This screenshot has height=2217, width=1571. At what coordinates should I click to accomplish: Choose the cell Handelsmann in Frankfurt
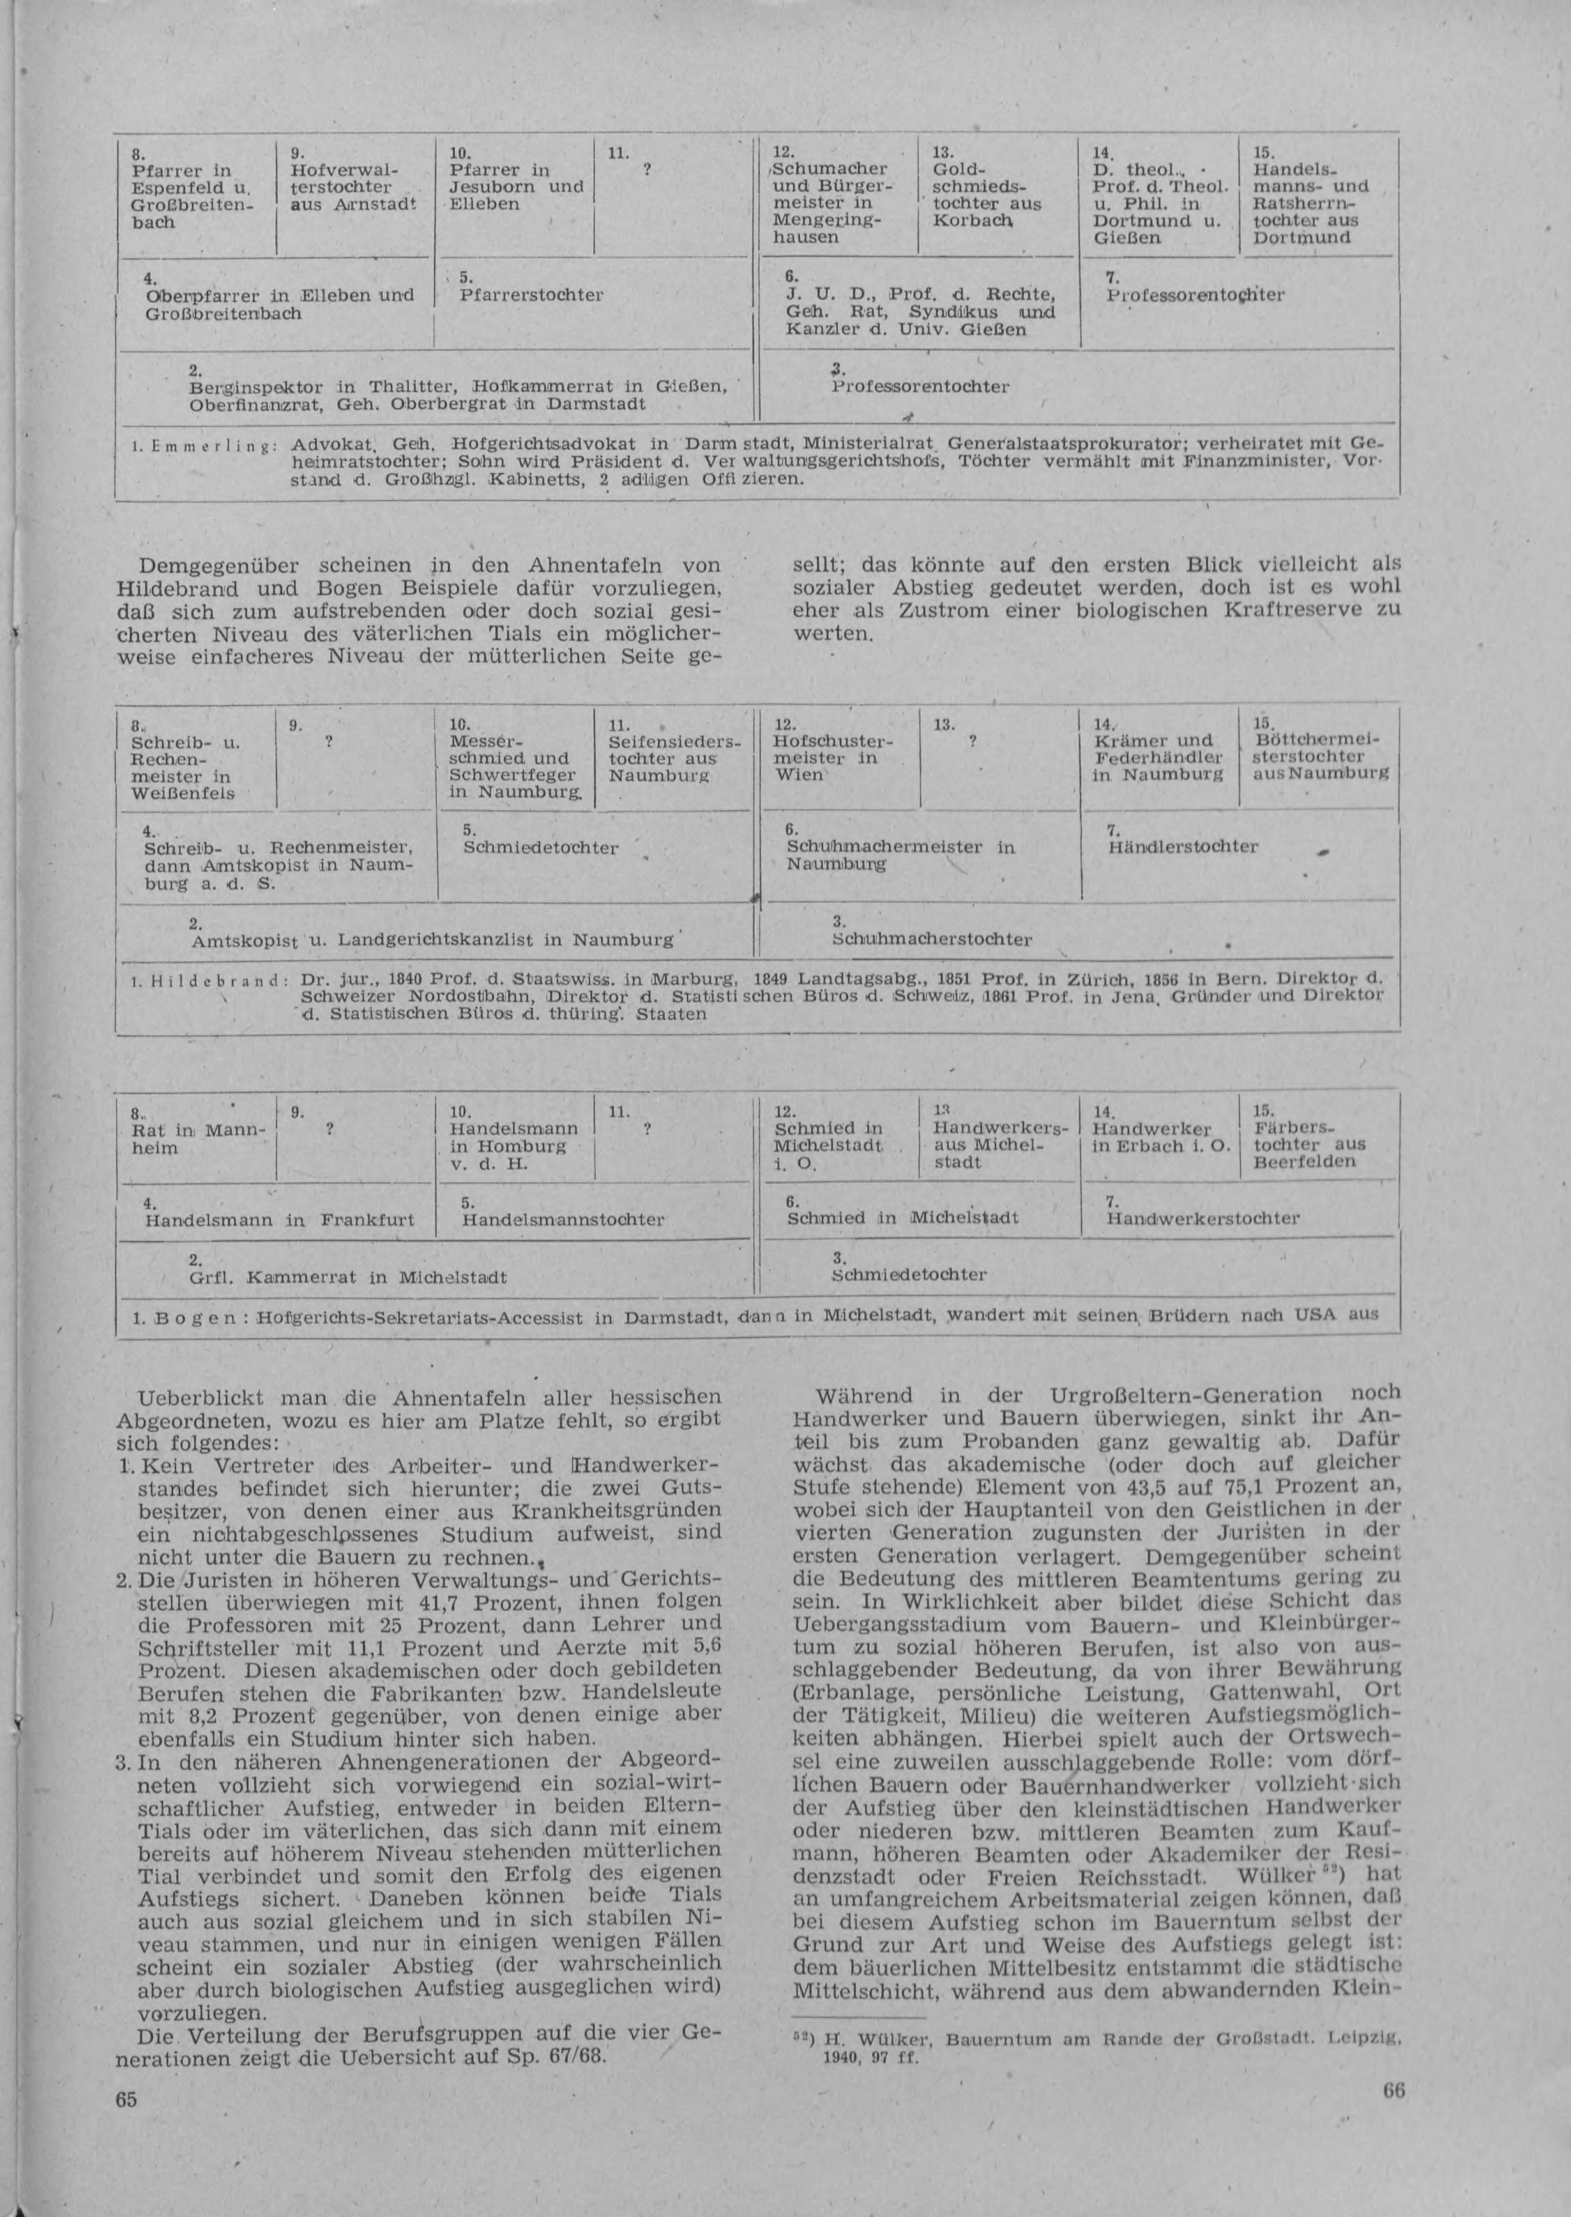pos(278,1220)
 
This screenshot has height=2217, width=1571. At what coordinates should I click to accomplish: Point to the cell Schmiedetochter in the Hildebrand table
pos(540,848)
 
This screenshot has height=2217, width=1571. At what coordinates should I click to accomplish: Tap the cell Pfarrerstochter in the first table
pos(531,294)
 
